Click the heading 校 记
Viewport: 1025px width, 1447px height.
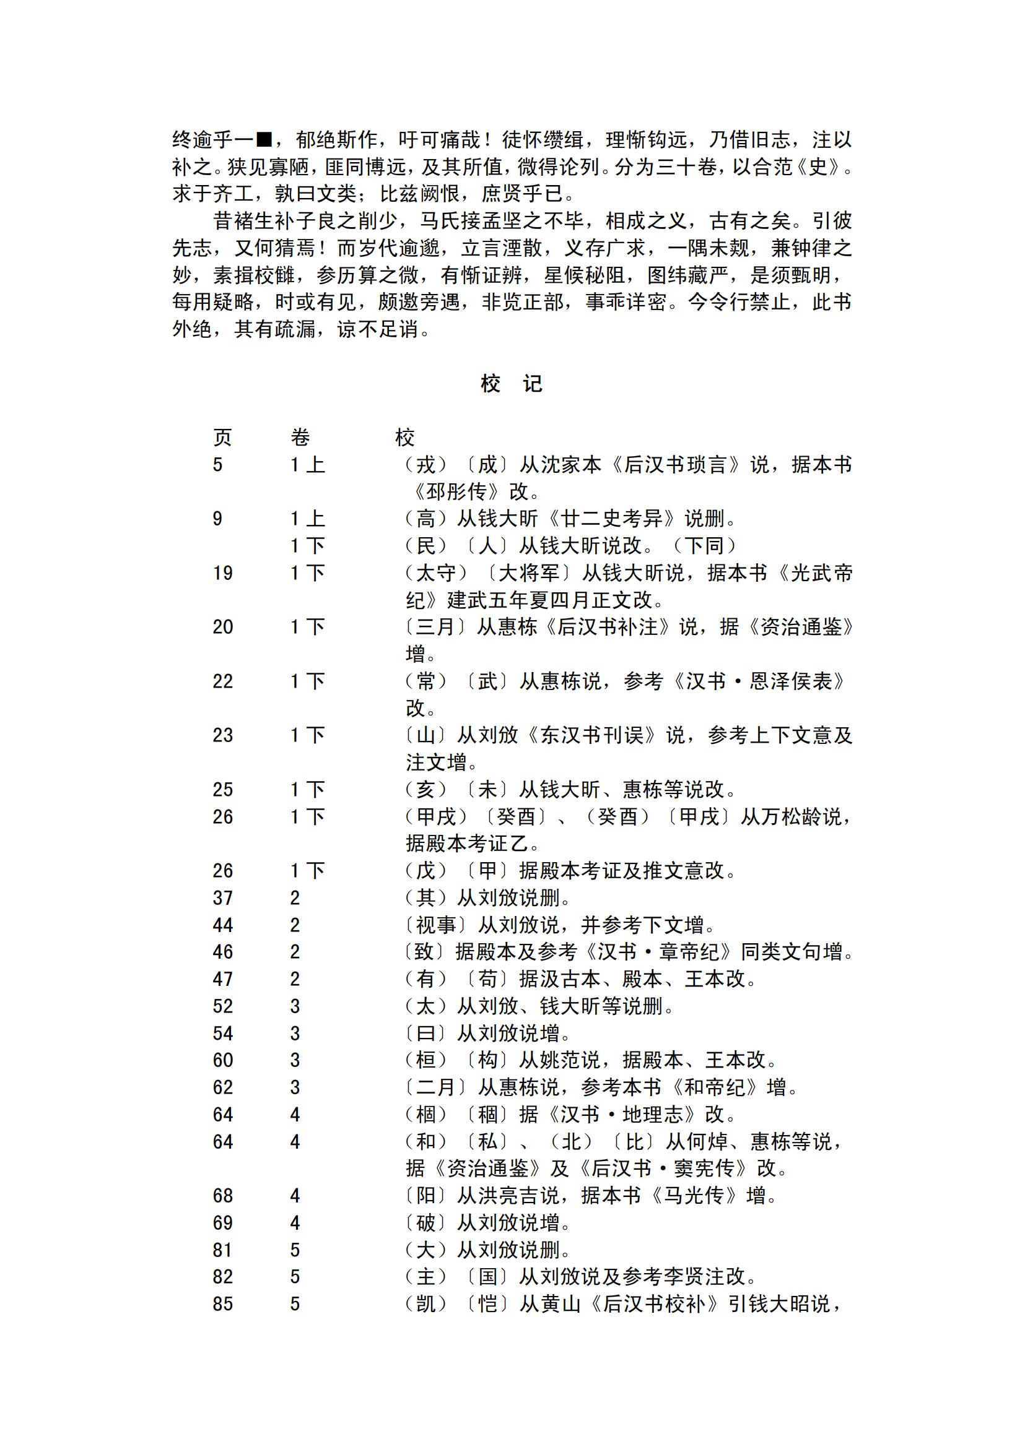click(x=511, y=384)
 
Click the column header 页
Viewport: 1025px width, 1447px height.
click(x=222, y=437)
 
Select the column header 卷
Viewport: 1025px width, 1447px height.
click(x=300, y=437)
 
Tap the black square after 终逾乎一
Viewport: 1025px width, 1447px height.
click(x=264, y=139)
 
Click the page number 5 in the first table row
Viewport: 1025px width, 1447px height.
click(x=218, y=465)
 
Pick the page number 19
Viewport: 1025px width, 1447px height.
click(x=223, y=572)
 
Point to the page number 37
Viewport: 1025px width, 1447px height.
click(x=223, y=897)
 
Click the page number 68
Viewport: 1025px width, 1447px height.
click(x=223, y=1195)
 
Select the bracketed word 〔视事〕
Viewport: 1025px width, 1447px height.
click(x=435, y=925)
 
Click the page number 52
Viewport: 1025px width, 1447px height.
click(x=223, y=1006)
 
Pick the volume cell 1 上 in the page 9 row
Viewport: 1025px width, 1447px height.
click(x=307, y=519)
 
